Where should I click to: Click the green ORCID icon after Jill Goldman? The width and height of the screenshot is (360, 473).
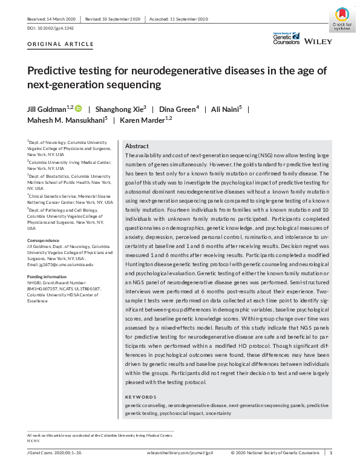click(78, 109)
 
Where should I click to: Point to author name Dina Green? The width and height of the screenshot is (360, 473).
click(177, 109)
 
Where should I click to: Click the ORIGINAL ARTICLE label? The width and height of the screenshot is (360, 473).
click(61, 44)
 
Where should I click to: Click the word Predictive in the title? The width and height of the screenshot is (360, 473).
click(51, 70)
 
